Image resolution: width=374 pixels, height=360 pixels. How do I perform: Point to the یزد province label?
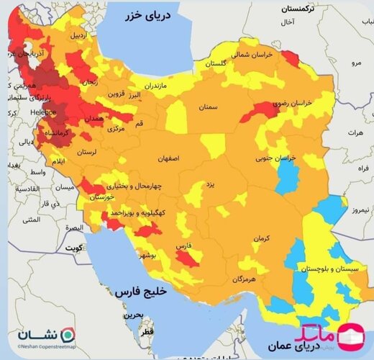(x=210, y=184)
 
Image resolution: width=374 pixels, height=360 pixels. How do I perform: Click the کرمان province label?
(x=261, y=237)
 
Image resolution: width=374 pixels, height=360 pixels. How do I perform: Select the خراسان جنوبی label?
(x=276, y=158)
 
